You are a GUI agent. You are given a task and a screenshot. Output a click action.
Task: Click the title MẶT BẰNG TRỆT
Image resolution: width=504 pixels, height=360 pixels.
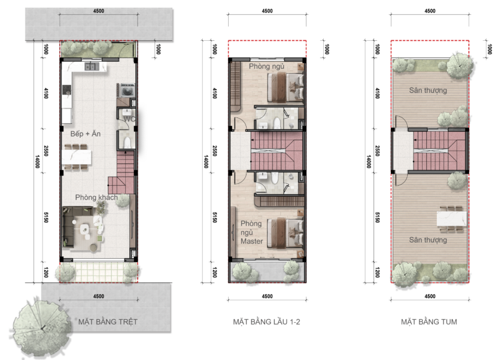pyautogui.click(x=108, y=322)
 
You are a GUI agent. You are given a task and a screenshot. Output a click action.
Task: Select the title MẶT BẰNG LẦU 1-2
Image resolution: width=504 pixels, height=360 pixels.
pyautogui.click(x=267, y=322)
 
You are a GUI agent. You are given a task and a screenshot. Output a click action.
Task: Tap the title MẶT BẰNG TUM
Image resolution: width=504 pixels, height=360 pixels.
pyautogui.click(x=429, y=322)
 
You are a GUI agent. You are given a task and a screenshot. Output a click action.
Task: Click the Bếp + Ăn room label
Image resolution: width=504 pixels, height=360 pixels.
pyautogui.click(x=86, y=134)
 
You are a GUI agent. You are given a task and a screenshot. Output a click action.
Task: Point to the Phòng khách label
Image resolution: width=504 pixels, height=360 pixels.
pyautogui.click(x=96, y=197)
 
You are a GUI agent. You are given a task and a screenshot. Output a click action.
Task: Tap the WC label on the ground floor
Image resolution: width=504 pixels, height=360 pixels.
pyautogui.click(x=129, y=119)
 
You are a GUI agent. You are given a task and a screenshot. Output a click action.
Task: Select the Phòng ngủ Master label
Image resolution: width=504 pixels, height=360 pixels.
pyautogui.click(x=251, y=232)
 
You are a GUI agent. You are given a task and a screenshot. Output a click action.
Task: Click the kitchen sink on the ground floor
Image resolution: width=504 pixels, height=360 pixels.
pyautogui.click(x=92, y=66)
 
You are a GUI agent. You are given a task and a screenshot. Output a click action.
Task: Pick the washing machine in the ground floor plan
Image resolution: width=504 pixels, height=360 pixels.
pyautogui.click(x=127, y=90)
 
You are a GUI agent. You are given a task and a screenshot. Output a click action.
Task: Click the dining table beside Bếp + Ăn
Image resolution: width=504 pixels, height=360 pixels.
pyautogui.click(x=77, y=157)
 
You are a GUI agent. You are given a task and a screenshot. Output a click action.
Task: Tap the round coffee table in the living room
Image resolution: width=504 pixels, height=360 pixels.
pyautogui.click(x=84, y=229)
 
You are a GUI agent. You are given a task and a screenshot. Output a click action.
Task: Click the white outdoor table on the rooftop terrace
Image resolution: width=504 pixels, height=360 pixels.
pyautogui.click(x=451, y=219)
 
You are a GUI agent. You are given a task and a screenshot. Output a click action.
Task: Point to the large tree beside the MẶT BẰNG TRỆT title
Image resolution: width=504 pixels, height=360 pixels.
pyautogui.click(x=42, y=328)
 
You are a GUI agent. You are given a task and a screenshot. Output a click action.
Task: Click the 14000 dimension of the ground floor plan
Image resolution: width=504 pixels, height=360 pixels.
pyautogui.click(x=38, y=162)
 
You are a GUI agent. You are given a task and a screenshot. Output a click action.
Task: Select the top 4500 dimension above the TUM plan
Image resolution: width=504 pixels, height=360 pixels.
pyautogui.click(x=430, y=11)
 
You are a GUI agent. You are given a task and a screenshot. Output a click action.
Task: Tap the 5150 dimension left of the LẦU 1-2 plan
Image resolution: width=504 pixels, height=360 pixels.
pyautogui.click(x=214, y=217)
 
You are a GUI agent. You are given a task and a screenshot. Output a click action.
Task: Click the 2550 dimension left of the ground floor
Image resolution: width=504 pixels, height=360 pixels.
pyautogui.click(x=46, y=150)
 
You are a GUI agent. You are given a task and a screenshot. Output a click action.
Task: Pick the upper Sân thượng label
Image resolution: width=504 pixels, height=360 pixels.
pyautogui.click(x=428, y=90)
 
